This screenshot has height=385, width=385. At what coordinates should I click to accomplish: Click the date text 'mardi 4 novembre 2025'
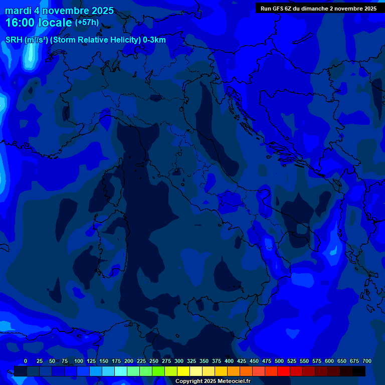[59, 11]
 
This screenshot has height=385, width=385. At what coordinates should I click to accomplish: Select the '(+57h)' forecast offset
[87, 23]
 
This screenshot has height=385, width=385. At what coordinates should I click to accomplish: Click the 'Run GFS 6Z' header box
[319, 9]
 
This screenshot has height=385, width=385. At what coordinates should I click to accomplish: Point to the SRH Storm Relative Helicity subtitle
[86, 40]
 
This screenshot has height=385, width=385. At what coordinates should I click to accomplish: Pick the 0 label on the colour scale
[26, 361]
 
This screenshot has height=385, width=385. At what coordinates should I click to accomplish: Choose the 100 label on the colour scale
[79, 361]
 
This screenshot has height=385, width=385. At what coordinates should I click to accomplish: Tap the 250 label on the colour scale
[154, 361]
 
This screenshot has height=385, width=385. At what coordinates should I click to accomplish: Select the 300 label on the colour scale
[179, 361]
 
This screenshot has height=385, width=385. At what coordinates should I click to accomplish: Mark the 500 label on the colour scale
[279, 361]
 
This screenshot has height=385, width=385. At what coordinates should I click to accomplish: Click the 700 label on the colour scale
[367, 361]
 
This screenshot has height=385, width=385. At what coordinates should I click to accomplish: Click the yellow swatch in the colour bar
[183, 371]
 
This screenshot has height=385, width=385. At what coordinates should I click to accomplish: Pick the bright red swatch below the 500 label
[284, 371]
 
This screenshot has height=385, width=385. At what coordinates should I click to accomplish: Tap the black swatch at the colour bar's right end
[359, 371]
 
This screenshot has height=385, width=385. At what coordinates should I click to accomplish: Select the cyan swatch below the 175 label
[121, 371]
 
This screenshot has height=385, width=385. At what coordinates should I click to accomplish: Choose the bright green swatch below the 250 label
[158, 371]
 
